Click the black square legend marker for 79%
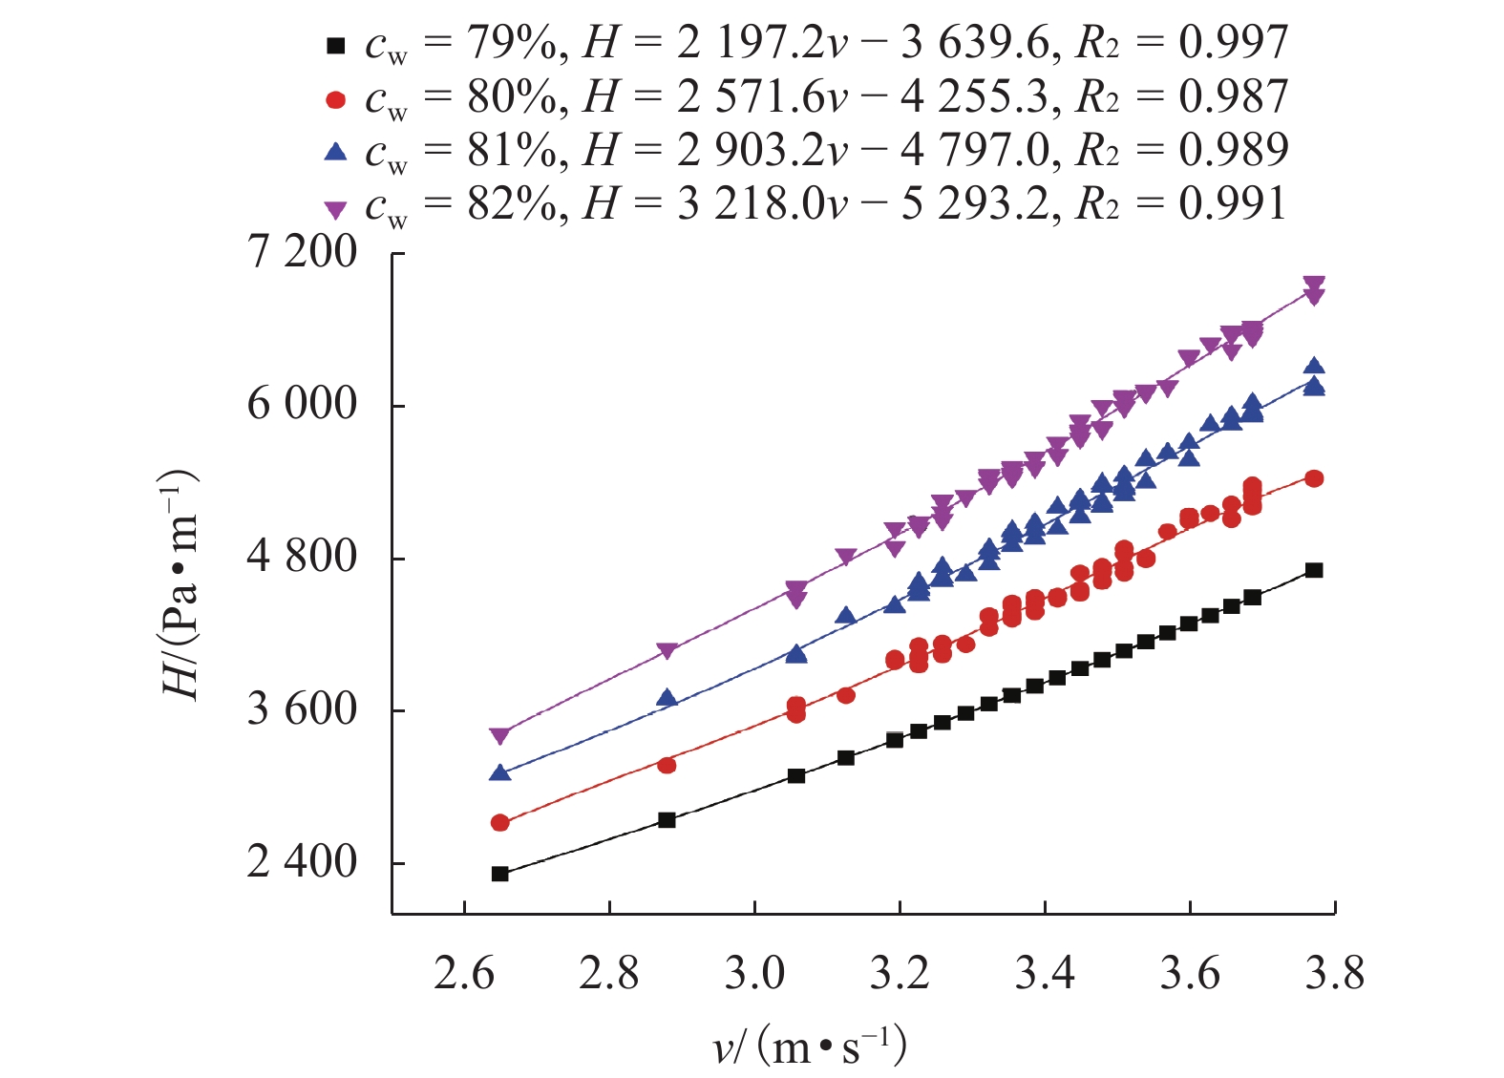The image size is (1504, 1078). click(x=335, y=45)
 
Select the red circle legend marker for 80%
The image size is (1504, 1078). click(x=335, y=99)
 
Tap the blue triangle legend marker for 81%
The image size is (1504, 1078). click(x=335, y=152)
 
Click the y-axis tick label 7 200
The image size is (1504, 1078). click(x=302, y=252)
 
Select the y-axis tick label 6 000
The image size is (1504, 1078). click(x=302, y=405)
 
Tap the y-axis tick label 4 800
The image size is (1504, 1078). click(x=302, y=557)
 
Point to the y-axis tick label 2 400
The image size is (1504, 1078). click(x=302, y=862)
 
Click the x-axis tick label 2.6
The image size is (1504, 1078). click(x=464, y=974)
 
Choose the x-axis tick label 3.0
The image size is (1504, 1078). click(x=754, y=974)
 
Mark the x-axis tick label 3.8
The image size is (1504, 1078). click(x=1334, y=974)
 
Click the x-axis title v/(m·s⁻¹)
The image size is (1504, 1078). click(x=810, y=1047)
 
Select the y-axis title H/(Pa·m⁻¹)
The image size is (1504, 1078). click(x=180, y=585)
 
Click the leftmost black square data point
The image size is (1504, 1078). click(x=499, y=874)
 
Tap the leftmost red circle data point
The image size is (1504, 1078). click(x=499, y=822)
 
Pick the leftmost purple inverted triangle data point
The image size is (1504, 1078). click(x=499, y=736)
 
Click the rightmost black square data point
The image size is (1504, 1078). click(x=1314, y=570)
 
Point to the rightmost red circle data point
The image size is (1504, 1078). click(x=1314, y=478)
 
